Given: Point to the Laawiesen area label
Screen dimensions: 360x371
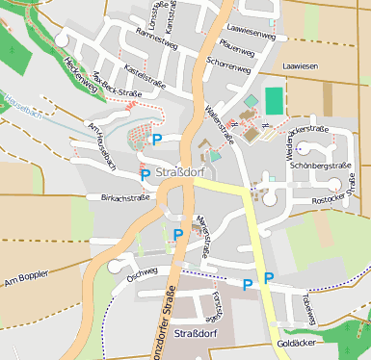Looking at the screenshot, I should (300, 66).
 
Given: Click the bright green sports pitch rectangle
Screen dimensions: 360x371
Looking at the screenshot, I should (275, 100).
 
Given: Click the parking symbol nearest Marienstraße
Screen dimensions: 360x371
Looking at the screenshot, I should (178, 234).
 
